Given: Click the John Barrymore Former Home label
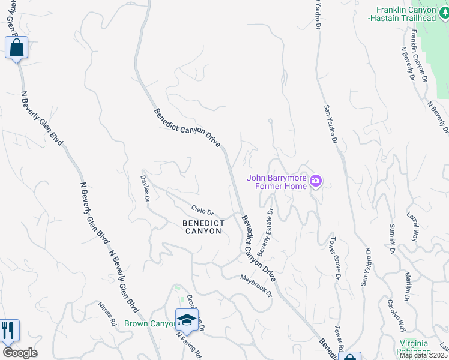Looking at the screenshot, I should coord(277,181).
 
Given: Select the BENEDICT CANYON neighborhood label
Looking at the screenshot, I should coord(203,227).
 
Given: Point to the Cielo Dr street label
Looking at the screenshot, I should coord(202,211).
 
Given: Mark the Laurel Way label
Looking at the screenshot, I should coord(414,227).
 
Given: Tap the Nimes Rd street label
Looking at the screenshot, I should coord(107,313).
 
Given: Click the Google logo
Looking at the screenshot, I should coord(20,353).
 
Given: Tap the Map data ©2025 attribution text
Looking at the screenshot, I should coord(423,355).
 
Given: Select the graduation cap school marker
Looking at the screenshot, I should coord(187,320).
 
